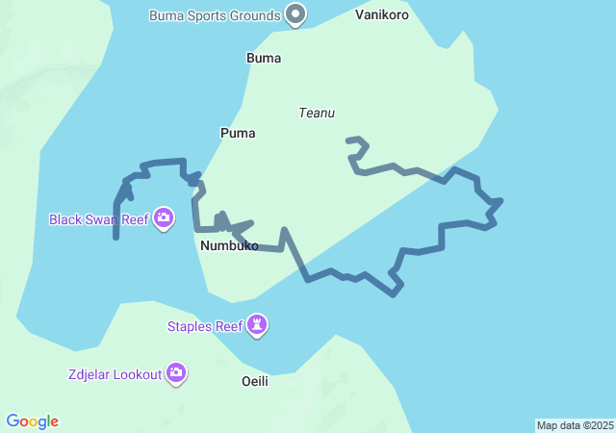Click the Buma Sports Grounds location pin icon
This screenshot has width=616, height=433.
[x=296, y=15]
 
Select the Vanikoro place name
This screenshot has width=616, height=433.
[x=381, y=15]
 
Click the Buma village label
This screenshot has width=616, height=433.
[x=264, y=58]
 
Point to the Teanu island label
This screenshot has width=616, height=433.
[x=317, y=113]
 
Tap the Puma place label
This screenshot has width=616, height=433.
[x=238, y=133]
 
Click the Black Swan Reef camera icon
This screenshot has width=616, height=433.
[x=164, y=218]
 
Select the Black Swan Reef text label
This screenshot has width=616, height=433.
[x=99, y=219]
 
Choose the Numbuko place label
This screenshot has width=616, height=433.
[x=229, y=246]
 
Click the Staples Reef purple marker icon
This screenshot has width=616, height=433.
[x=257, y=325]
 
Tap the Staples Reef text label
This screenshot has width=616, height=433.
[x=205, y=326]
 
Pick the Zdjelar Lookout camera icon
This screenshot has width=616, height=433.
[x=175, y=372]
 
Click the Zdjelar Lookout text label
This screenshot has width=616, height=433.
[x=115, y=373]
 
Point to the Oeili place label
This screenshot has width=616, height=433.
[x=254, y=382]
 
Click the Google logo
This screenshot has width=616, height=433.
[x=32, y=421]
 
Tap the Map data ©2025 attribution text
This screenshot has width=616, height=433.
[x=575, y=425]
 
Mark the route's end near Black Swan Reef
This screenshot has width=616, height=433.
[x=115, y=237]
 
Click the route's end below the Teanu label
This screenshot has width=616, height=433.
[x=348, y=140]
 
